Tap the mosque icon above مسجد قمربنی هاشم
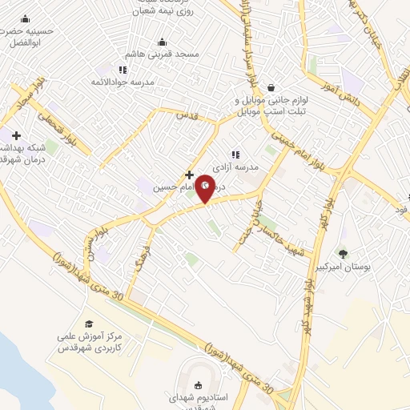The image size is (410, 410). tap(163, 42)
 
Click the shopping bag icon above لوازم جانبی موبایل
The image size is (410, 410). tap(271, 87)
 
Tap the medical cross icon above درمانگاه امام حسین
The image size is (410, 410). tap(189, 174)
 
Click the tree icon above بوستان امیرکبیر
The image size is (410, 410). tap(344, 254)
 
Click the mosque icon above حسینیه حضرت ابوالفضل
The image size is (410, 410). tap(25, 19)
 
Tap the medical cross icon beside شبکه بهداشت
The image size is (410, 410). tap(15, 136)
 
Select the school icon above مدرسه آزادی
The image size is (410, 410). tap(235, 154)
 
